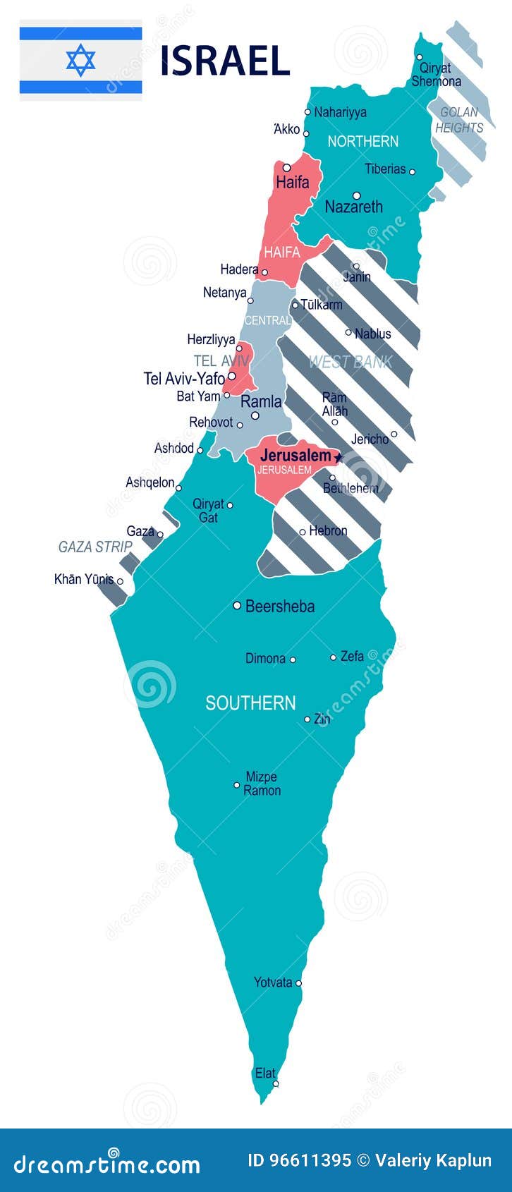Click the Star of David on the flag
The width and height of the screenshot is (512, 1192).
click(80, 60)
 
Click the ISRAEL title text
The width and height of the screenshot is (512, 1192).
click(225, 61)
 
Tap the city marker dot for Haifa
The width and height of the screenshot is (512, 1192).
click(287, 168)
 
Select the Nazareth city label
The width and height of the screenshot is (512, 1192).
click(353, 207)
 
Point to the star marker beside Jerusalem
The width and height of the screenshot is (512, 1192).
click(338, 458)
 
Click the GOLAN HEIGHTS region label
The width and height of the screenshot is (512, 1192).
click(459, 120)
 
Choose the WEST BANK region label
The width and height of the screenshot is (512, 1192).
click(350, 363)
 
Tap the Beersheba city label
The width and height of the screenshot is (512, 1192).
click(280, 606)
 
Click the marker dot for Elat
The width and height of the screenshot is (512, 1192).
click(276, 1083)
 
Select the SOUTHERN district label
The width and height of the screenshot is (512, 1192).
click(250, 703)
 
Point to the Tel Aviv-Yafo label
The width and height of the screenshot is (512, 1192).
click(184, 379)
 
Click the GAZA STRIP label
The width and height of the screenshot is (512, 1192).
click(95, 547)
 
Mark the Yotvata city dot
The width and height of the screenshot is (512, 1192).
click(299, 983)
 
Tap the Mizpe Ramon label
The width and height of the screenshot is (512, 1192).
click(262, 784)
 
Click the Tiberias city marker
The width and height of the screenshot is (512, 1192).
click(413, 171)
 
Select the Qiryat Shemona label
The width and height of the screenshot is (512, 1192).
click(436, 75)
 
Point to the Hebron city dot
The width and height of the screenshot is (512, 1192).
click(303, 532)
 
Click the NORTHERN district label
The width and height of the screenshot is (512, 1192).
click(363, 141)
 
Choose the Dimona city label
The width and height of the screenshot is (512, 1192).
click(265, 659)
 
